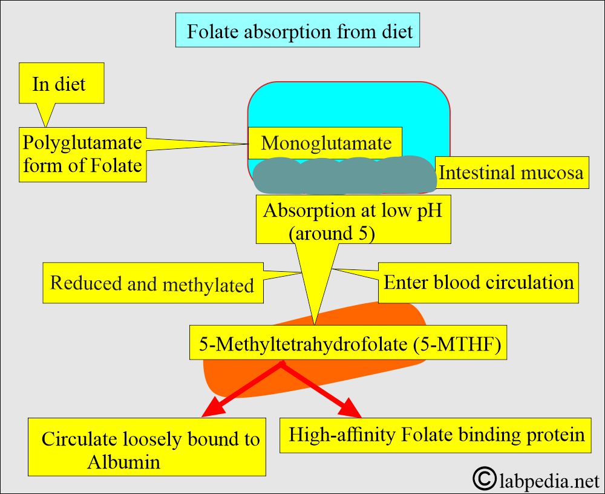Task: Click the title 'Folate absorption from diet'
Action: pos(298,31)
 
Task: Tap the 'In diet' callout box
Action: pos(61,84)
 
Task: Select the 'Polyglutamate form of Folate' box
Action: pos(83,154)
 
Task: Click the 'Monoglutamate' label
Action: pos(325,143)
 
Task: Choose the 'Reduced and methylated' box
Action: pos(152,283)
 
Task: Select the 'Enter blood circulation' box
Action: pos(478,282)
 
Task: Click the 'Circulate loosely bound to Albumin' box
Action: pos(148,447)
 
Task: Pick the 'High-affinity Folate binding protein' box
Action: pos(436,435)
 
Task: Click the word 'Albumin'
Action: pos(123,462)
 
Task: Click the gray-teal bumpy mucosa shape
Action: pos(343,174)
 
